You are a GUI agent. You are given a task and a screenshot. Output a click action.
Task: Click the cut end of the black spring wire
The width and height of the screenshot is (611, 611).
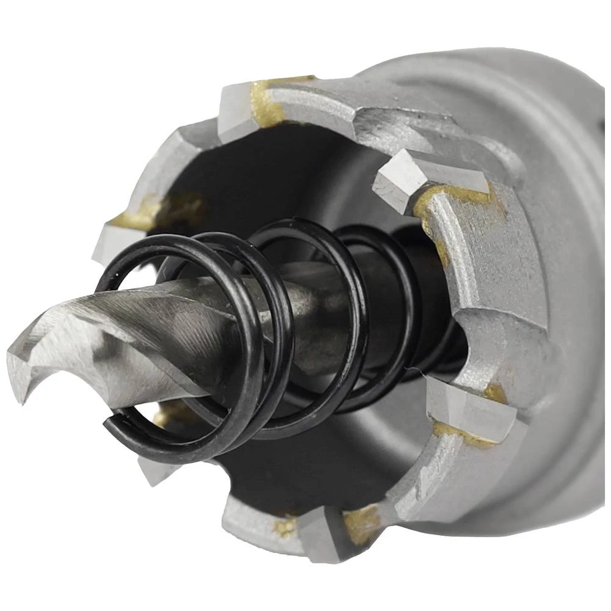(110, 422)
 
